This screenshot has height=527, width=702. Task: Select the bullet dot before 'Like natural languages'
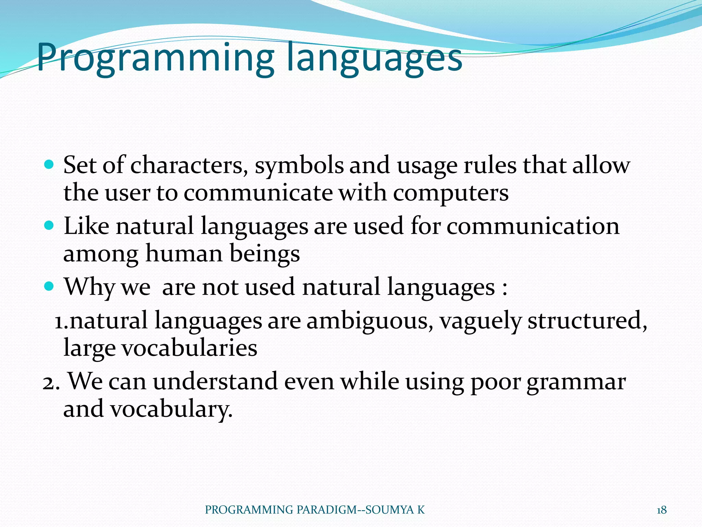[50, 226]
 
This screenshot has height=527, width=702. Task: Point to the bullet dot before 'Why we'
[50, 286]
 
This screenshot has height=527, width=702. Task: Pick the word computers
[450, 193]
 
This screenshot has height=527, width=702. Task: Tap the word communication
[533, 226]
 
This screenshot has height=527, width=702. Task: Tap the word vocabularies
[189, 348]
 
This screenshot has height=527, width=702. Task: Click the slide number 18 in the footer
[662, 510]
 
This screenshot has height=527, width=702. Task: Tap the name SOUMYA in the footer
[390, 510]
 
